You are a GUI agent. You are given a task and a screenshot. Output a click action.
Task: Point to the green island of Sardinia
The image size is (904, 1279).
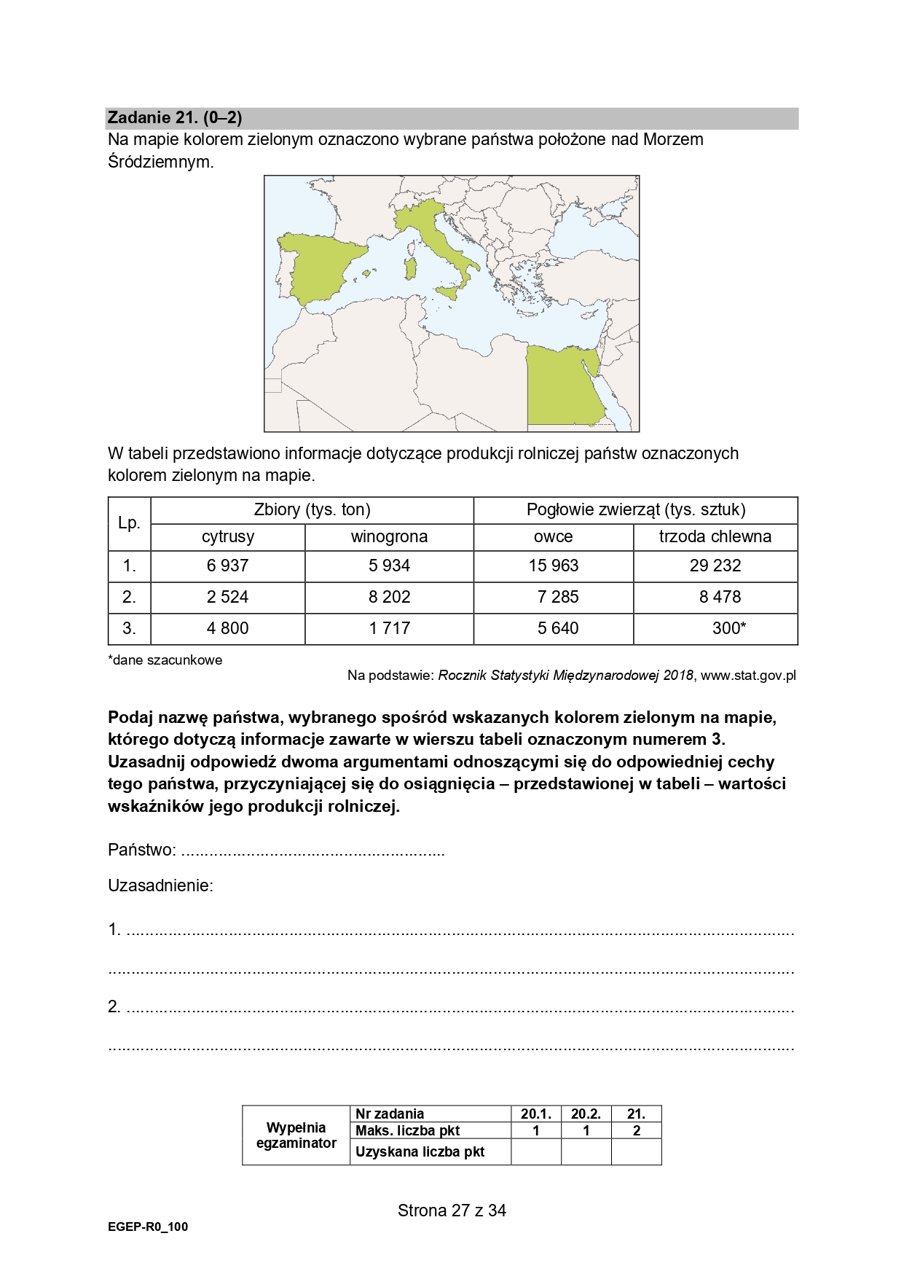click(412, 267)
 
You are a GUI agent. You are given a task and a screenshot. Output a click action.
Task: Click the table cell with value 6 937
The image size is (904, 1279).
click(227, 566)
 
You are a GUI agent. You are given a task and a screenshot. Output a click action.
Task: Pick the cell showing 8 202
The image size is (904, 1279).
click(389, 597)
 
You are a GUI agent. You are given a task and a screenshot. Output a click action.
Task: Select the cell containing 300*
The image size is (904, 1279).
click(728, 628)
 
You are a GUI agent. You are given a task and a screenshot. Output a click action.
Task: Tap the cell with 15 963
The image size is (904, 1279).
click(554, 566)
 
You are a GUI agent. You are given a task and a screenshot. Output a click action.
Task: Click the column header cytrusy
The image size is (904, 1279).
click(227, 537)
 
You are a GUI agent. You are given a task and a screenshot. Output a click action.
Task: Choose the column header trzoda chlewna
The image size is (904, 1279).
click(715, 537)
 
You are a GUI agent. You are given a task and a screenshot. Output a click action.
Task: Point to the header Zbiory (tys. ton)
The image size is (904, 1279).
click(312, 510)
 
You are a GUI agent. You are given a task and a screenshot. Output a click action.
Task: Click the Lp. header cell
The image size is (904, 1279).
click(129, 523)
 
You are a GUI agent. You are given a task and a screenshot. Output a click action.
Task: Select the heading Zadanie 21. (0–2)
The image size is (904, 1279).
click(175, 118)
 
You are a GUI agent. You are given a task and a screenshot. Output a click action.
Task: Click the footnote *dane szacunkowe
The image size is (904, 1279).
click(165, 660)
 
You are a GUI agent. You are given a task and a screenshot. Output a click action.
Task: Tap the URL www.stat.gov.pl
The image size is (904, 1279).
click(748, 676)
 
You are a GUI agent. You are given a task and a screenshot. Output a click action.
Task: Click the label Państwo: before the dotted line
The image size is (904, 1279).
click(142, 850)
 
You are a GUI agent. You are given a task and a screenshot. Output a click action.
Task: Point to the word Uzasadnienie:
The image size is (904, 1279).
click(160, 886)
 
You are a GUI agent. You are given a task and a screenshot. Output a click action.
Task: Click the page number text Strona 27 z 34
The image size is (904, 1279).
click(452, 1210)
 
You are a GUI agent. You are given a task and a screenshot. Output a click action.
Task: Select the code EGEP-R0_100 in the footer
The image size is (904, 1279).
click(148, 1227)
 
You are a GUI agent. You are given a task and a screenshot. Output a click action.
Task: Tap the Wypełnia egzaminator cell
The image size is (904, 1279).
click(296, 1135)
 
